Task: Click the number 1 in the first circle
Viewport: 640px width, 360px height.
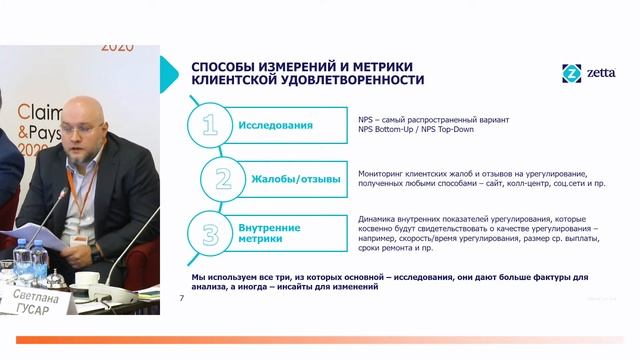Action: click(x=209, y=126)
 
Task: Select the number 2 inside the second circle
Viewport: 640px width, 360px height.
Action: click(x=224, y=180)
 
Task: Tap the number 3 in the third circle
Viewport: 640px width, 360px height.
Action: click(x=210, y=234)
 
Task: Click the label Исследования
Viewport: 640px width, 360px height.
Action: click(x=275, y=126)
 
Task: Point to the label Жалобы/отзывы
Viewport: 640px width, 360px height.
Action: click(x=294, y=180)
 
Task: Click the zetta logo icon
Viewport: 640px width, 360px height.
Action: click(x=572, y=73)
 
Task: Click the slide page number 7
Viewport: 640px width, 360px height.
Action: click(x=181, y=298)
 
